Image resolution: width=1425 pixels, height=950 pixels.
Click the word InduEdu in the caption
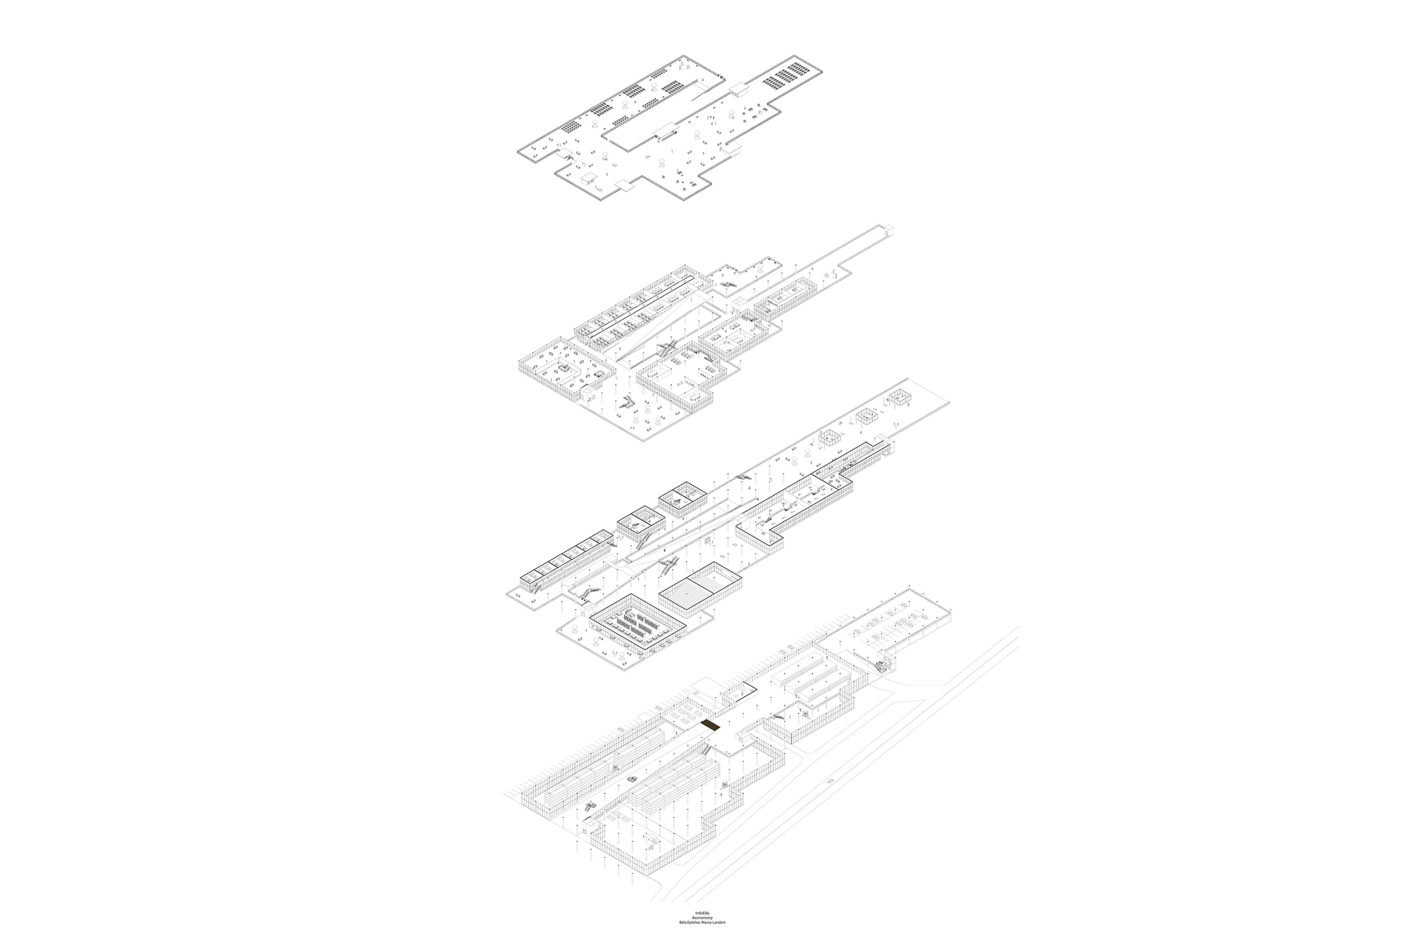tap(703, 929)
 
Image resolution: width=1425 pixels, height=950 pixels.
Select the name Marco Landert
tap(713, 940)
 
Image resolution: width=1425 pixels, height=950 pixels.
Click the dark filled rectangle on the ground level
tap(710, 726)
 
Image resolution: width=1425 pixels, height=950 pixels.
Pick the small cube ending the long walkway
tap(890, 229)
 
